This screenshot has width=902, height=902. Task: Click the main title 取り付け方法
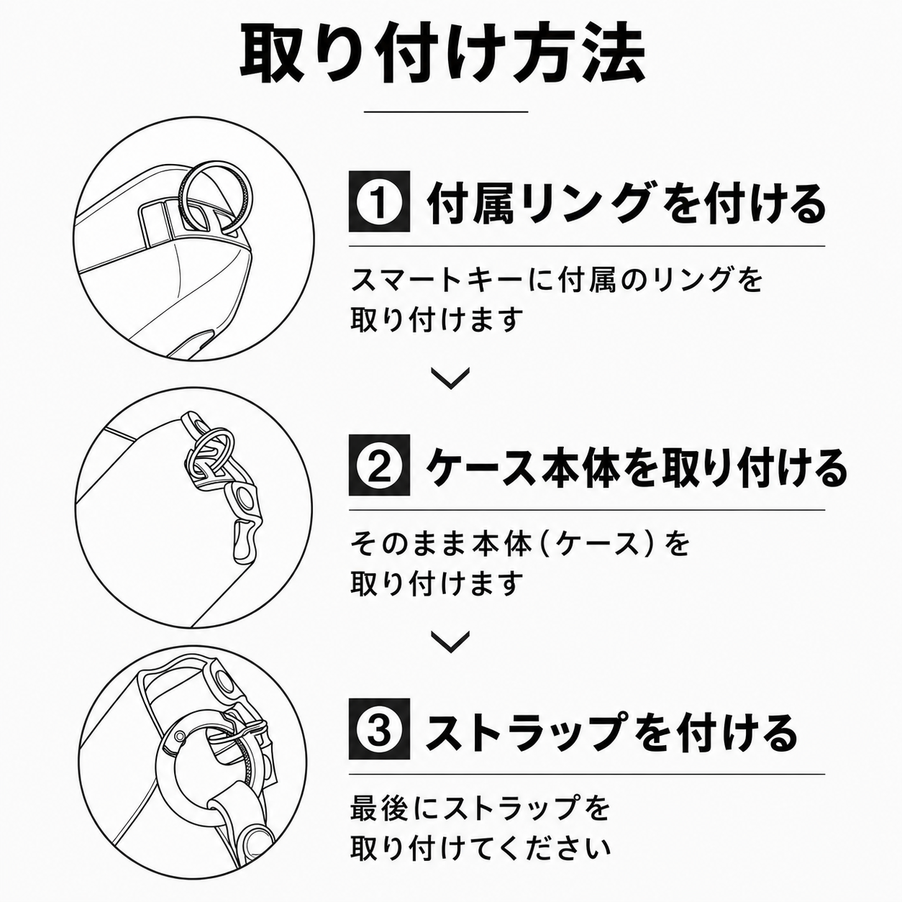(442, 55)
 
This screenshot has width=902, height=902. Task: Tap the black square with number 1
(379, 201)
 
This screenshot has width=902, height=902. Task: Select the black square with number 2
(379, 465)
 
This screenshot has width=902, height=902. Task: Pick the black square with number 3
(379, 729)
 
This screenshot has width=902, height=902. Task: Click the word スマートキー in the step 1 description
(430, 280)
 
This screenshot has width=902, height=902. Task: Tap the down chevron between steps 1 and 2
(450, 378)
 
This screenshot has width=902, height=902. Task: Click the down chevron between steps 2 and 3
(450, 642)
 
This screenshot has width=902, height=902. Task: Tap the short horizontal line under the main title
(446, 112)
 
